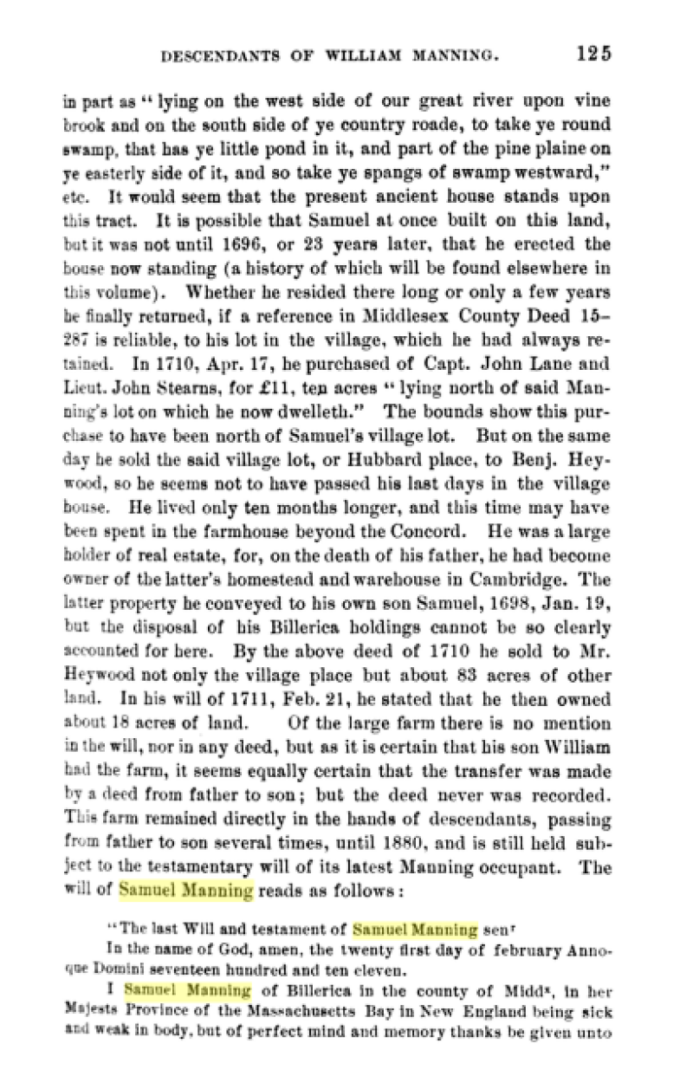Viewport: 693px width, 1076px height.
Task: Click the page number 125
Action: pyautogui.click(x=593, y=53)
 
